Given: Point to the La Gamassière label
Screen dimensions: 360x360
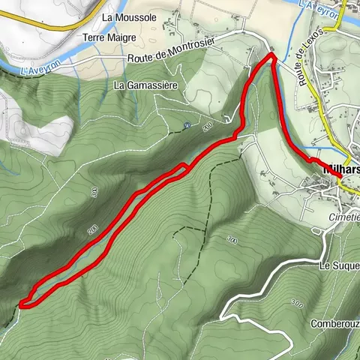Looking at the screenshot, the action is [145, 85].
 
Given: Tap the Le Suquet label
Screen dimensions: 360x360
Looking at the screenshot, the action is [340, 265].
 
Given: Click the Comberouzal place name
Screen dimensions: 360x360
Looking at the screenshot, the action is [335, 324].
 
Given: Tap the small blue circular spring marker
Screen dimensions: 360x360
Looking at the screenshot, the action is [187, 126].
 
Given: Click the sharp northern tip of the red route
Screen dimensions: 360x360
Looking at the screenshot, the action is [271, 55].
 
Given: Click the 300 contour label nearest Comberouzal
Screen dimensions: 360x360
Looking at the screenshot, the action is [297, 304].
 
